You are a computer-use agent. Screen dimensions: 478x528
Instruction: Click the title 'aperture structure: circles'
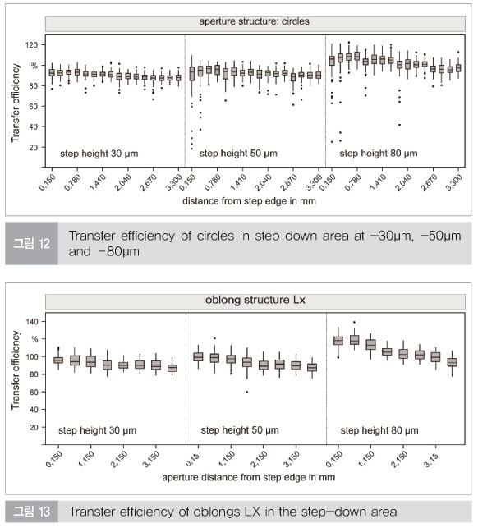pos(254,21)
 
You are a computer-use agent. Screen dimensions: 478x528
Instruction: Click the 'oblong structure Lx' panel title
pos(255,300)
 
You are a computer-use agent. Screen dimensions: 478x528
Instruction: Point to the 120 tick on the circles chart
pos(32,44)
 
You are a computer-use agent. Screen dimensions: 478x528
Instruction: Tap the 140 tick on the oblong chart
pos(32,322)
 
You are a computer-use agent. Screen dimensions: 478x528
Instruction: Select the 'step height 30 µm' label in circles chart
pos(99,154)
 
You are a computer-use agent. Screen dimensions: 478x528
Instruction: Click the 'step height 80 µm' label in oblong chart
pos(379,430)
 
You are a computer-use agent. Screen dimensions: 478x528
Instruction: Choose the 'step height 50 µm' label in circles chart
pos(238,154)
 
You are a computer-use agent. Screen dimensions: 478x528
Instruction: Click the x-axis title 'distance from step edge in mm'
pos(249,201)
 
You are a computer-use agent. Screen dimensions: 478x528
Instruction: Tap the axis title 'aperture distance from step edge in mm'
pos(249,477)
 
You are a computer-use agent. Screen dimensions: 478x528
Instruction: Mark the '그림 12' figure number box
pos(31,243)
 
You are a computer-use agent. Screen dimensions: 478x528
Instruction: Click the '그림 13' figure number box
pos(31,512)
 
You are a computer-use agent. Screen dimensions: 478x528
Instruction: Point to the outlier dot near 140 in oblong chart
pos(354,322)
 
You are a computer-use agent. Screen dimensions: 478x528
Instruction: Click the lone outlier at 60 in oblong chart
pos(247,392)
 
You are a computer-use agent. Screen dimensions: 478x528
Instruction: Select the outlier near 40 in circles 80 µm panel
pos(399,125)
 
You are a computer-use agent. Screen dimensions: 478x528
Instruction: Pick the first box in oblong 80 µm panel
pos(338,341)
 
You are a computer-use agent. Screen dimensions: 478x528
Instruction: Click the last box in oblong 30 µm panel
pos(172,368)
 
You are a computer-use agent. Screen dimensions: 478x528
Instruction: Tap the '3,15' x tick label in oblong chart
pos(431,459)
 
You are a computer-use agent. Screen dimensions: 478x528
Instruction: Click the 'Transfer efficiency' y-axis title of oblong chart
pos(16,370)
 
